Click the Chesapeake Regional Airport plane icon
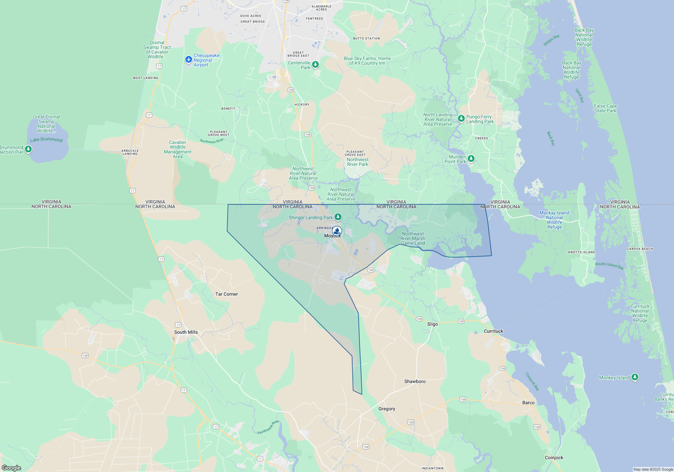[188, 60]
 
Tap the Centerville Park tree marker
[315, 64]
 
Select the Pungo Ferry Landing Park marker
[461, 118]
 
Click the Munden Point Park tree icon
[471, 158]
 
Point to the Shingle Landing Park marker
[338, 217]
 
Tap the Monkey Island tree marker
[635, 377]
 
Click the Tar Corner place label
[226, 294]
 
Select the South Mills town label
[186, 332]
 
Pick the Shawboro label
[415, 382]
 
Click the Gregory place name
[387, 409]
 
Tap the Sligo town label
[432, 324]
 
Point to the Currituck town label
[493, 331]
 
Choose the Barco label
[528, 403]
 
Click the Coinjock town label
[554, 458]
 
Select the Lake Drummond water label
[46, 140]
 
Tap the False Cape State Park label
[606, 109]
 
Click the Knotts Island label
[581, 252]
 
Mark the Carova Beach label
[640, 249]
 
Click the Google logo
[11, 468]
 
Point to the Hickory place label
[302, 105]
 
